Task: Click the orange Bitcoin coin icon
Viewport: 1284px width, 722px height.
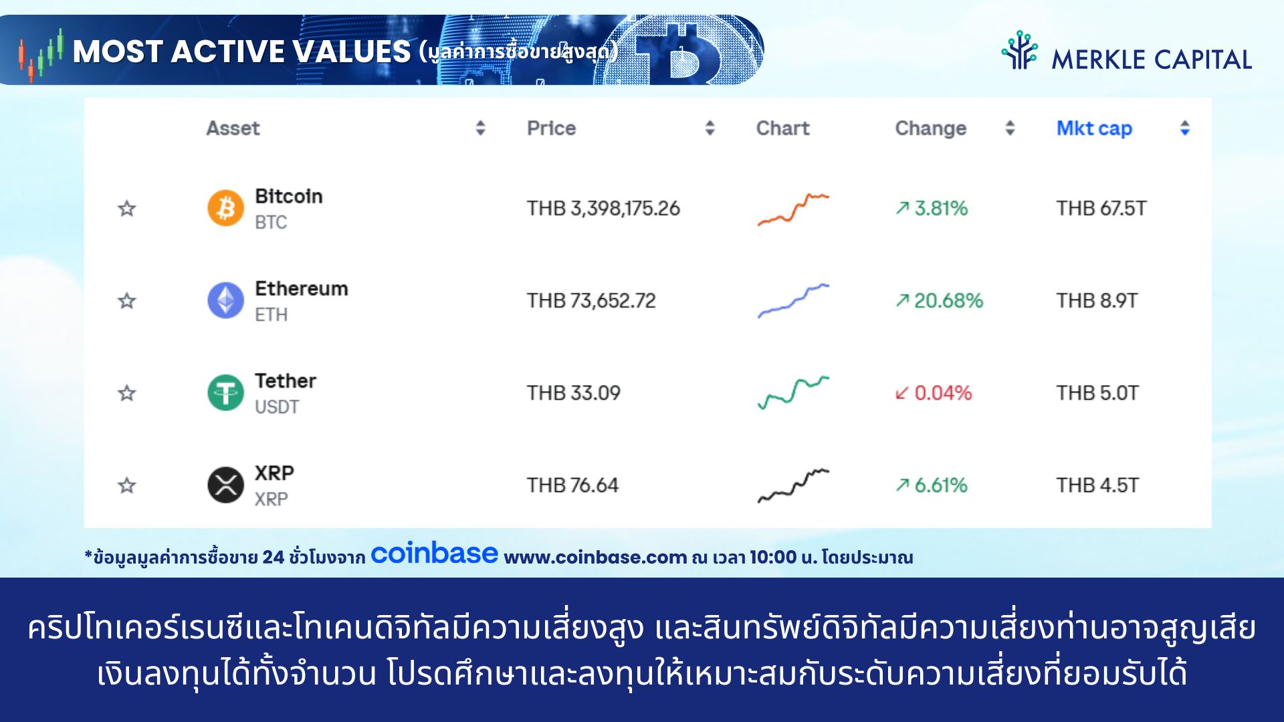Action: (225, 208)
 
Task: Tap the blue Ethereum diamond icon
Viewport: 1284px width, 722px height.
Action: (225, 300)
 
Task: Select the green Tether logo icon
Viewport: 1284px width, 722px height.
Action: (225, 392)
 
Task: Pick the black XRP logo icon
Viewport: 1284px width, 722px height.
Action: (225, 485)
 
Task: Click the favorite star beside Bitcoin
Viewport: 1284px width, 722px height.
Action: (127, 209)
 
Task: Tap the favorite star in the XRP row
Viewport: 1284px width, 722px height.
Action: (127, 485)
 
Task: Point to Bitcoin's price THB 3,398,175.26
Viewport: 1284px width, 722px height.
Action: (603, 209)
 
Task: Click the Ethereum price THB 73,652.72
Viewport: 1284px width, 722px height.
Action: (591, 301)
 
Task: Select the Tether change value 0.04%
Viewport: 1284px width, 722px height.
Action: (943, 393)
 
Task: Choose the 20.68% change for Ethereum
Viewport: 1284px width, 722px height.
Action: (949, 301)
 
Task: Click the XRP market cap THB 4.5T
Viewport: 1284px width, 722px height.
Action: (1097, 485)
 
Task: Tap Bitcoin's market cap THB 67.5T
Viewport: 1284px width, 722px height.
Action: (1101, 209)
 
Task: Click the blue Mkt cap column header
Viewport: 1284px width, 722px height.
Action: (1094, 128)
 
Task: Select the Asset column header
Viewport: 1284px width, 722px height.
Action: (233, 128)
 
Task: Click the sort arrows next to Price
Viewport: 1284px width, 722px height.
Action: (710, 128)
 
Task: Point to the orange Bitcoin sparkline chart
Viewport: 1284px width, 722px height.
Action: (793, 209)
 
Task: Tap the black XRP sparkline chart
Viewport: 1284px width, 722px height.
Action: (793, 486)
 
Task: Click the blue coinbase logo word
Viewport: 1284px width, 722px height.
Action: (434, 554)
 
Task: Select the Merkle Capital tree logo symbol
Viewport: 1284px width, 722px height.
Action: (1019, 51)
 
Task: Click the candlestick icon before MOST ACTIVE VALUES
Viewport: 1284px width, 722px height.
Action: (41, 55)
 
